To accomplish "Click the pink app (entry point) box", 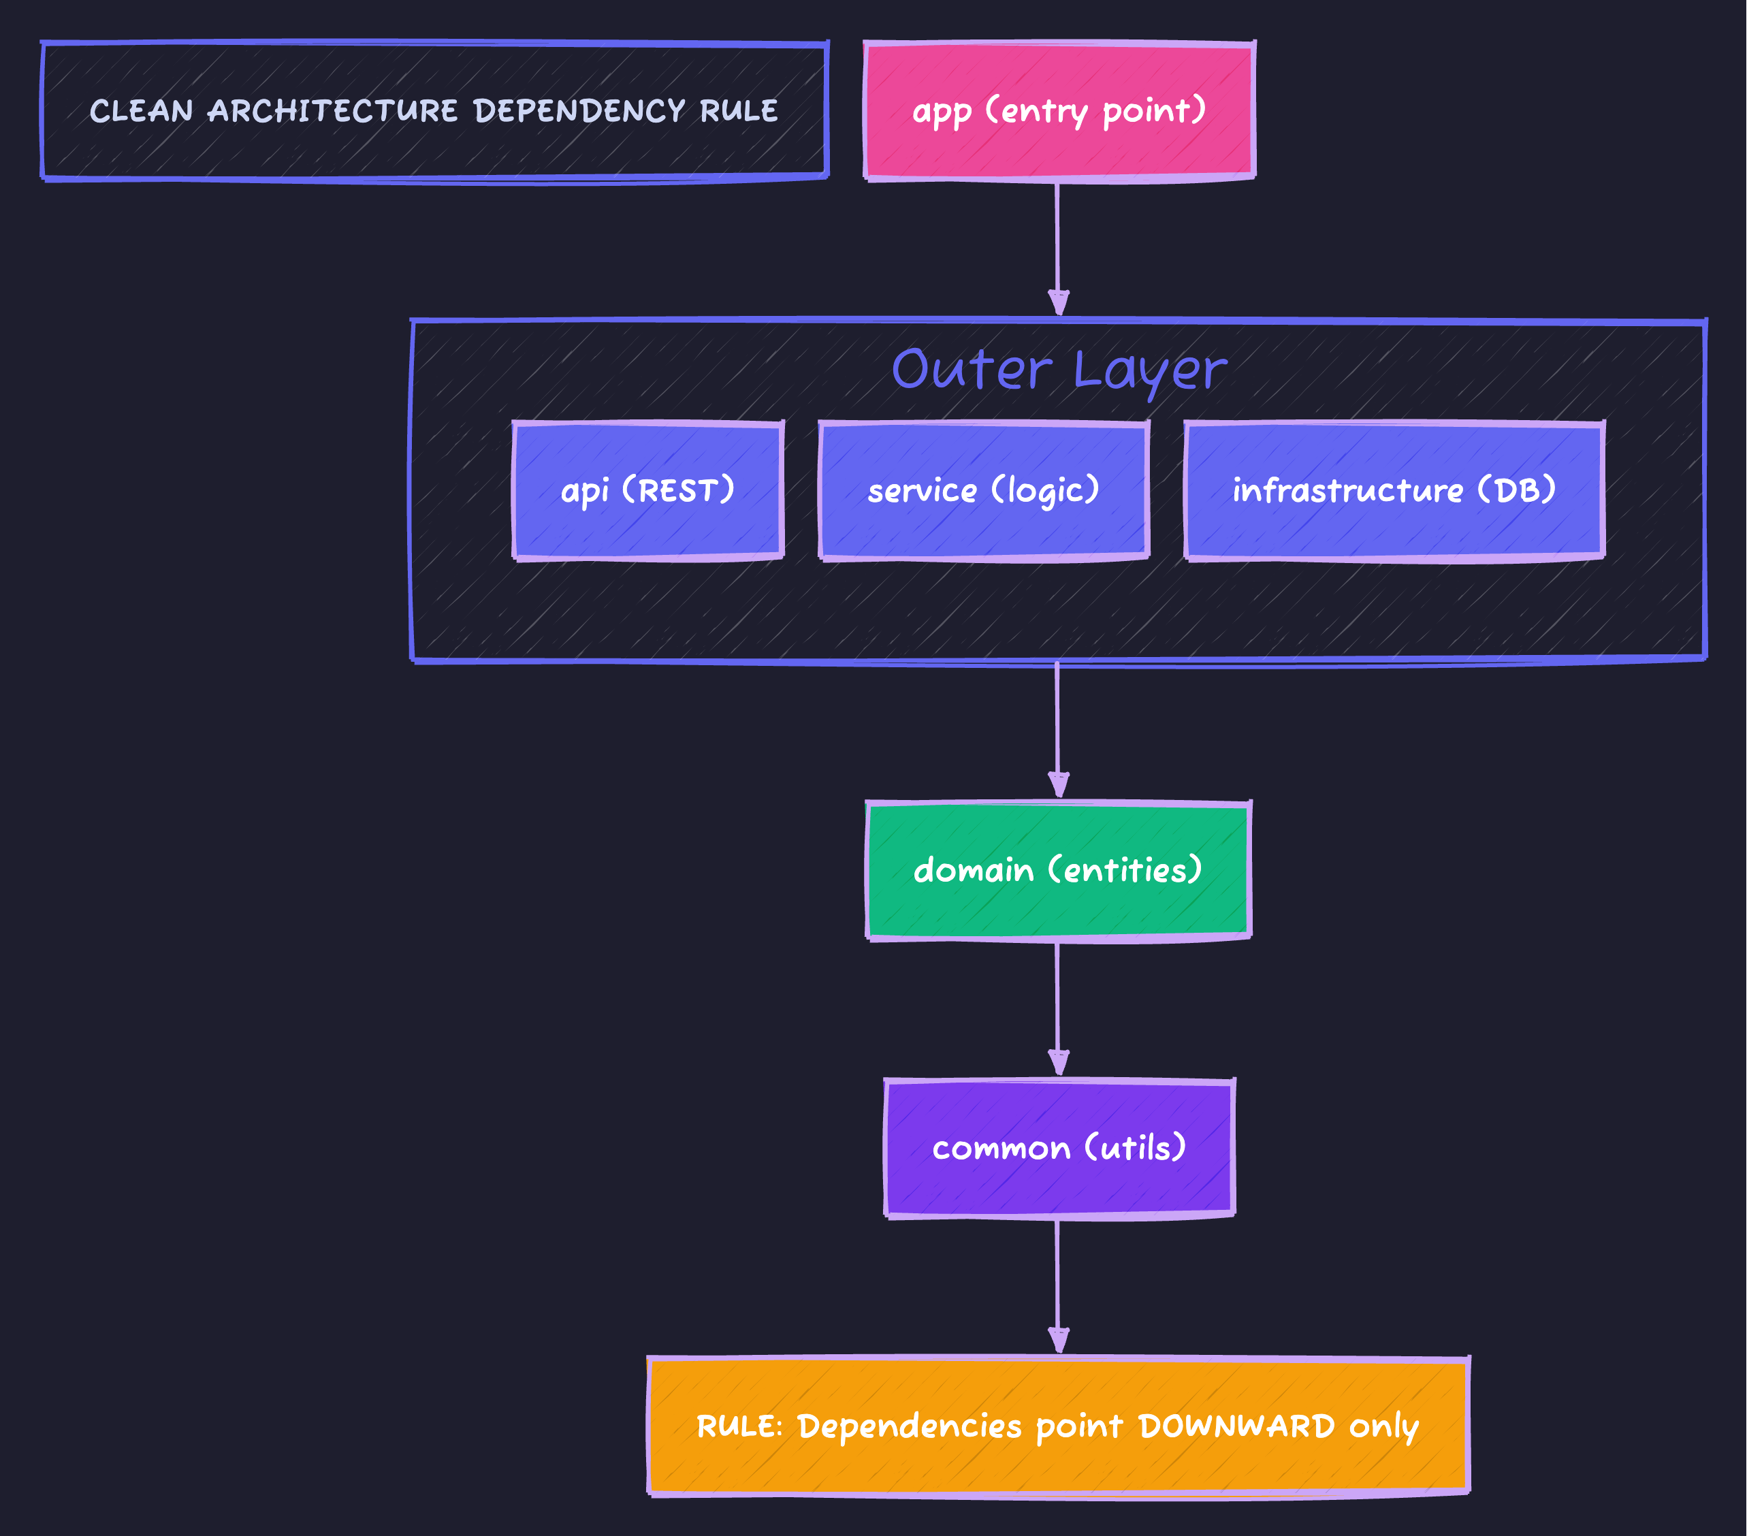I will pos(1059,110).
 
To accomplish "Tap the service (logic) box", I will pos(983,491).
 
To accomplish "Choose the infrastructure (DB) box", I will pos(1394,491).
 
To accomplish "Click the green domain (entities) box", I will pos(1058,870).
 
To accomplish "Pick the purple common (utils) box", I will pos(1059,1148).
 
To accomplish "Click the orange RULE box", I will pos(1058,1426).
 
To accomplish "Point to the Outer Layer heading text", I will pos(1058,370).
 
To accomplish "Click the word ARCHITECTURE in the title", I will pos(332,111).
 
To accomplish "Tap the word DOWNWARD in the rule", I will pos(1236,1426).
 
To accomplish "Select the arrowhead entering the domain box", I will pos(1059,784).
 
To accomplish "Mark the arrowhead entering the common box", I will pos(1059,1061).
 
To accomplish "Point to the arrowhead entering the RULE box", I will pos(1059,1339).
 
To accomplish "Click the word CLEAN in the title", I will pos(142,111).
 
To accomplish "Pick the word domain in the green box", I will pos(974,870).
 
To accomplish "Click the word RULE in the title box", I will pos(739,111).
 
